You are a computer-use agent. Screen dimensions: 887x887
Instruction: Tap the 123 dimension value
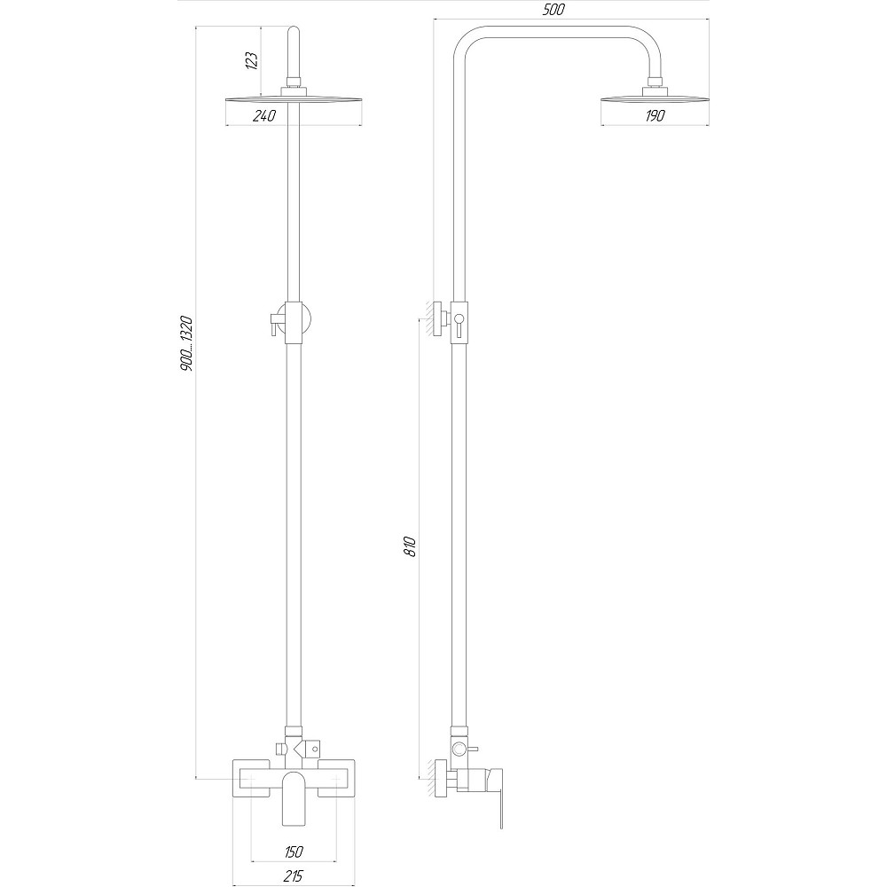[251, 60]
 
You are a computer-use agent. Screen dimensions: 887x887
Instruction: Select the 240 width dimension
[264, 115]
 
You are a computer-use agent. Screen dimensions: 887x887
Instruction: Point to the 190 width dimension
[657, 115]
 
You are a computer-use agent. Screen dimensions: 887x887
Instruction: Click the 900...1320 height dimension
[186, 342]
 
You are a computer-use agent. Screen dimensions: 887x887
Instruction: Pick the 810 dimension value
[410, 545]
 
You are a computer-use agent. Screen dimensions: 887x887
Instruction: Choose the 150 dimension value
[294, 852]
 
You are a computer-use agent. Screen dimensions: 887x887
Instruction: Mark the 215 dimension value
[294, 875]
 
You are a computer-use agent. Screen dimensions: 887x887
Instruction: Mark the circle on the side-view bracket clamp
[459, 318]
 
